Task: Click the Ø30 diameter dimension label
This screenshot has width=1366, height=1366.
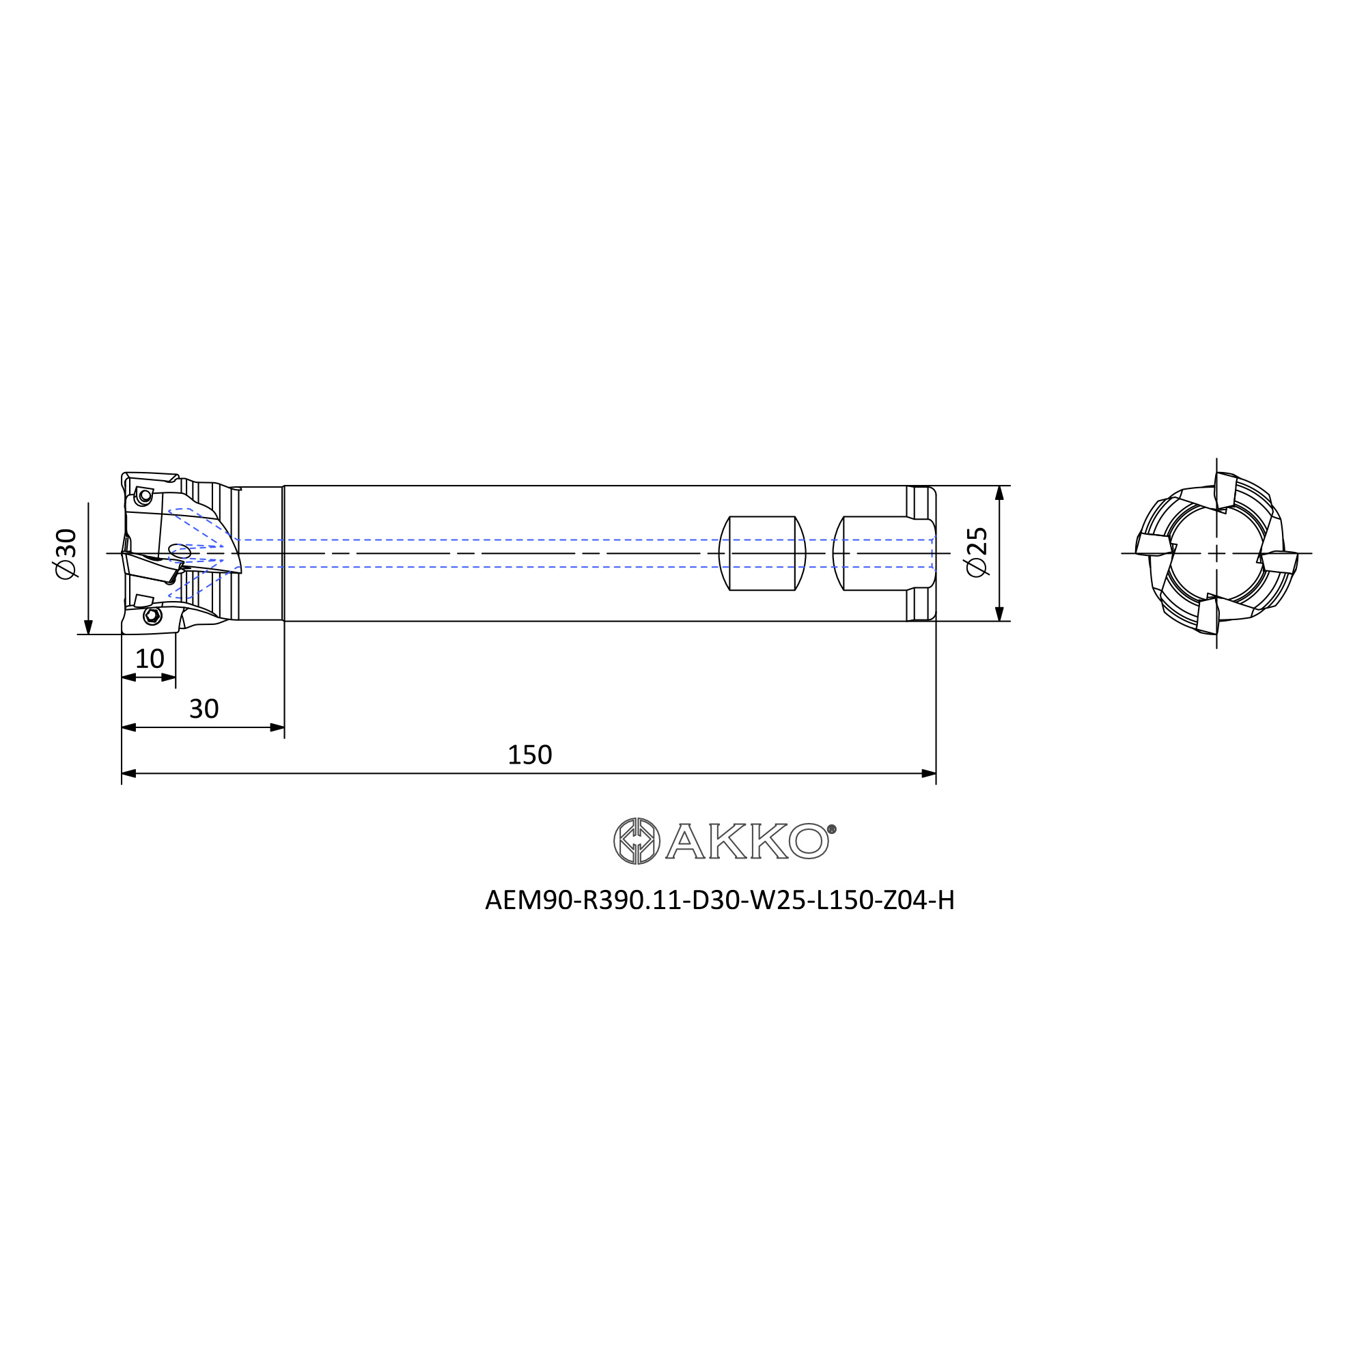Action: click(66, 555)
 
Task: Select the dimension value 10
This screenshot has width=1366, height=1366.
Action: click(150, 659)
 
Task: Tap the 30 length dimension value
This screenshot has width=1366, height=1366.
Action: click(204, 708)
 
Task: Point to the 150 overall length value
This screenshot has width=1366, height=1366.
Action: click(529, 755)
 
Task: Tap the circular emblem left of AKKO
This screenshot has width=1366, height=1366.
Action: click(637, 841)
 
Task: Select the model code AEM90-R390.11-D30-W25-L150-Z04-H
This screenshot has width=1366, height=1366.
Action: click(720, 901)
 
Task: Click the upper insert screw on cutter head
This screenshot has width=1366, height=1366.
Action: click(145, 497)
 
